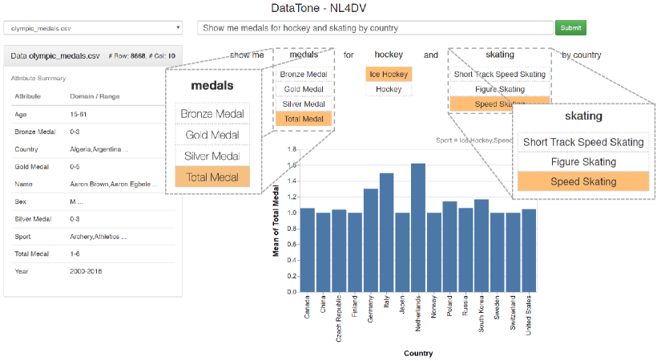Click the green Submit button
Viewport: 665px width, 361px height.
click(570, 28)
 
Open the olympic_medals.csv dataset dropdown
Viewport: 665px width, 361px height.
click(93, 28)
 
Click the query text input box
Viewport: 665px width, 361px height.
click(374, 28)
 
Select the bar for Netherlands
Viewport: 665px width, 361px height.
click(417, 228)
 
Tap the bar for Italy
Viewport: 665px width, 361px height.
click(386, 233)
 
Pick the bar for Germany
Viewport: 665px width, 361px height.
click(370, 241)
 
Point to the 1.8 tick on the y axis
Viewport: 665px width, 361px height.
click(292, 149)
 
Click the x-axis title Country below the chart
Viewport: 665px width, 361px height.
click(417, 353)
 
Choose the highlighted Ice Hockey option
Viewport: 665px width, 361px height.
click(389, 75)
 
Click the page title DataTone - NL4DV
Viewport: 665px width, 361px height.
click(332, 8)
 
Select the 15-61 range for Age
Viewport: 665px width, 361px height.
click(79, 115)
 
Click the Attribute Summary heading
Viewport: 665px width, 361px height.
click(38, 79)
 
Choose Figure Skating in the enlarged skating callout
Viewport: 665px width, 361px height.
click(582, 162)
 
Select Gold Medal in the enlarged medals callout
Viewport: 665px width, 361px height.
click(212, 136)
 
